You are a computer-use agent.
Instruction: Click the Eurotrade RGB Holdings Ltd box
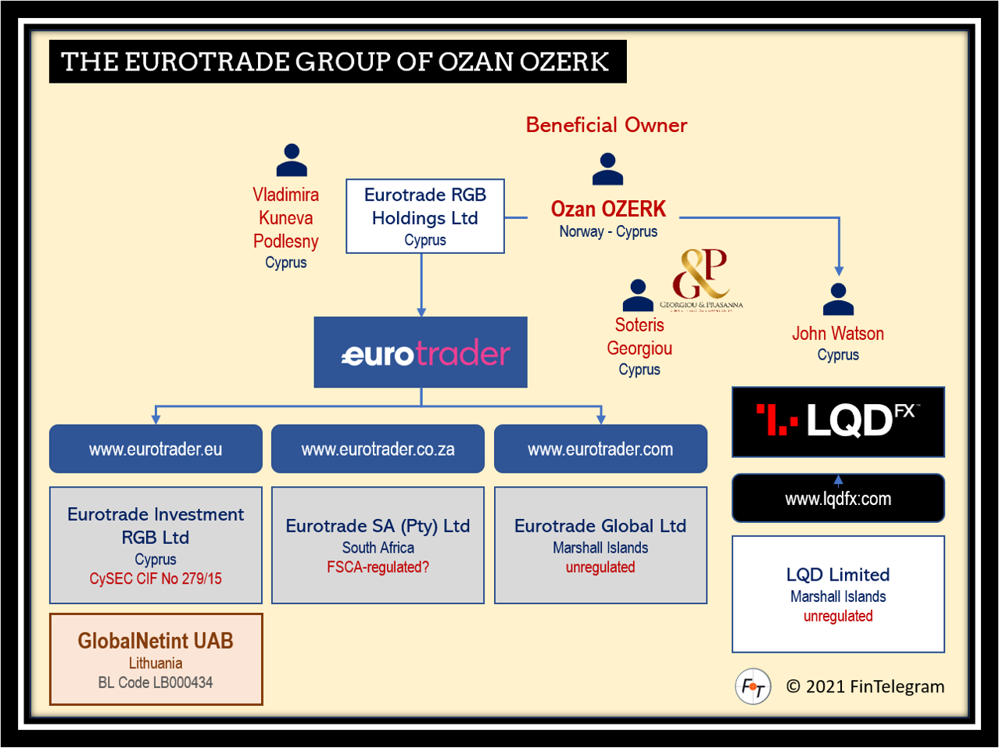(424, 217)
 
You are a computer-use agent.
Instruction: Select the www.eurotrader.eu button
(156, 449)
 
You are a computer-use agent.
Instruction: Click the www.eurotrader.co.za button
(378, 449)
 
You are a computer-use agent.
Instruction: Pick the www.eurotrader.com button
(600, 449)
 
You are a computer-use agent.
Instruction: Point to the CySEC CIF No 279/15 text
(156, 579)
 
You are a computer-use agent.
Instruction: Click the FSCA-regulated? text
(378, 567)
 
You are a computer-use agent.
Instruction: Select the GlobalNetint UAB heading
(156, 641)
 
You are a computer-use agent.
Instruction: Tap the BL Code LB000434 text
(156, 682)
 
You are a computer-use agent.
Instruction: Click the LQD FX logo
(838, 421)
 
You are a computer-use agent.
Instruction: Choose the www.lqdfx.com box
(838, 499)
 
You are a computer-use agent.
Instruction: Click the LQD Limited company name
(838, 574)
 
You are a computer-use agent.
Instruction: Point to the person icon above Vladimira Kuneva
(292, 160)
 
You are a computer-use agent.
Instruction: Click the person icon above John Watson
(838, 299)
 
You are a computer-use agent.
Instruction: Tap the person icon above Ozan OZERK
(607, 169)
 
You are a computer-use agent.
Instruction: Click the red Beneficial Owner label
(606, 125)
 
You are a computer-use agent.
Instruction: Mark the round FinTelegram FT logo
(753, 687)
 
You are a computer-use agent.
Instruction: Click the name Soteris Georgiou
(639, 337)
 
